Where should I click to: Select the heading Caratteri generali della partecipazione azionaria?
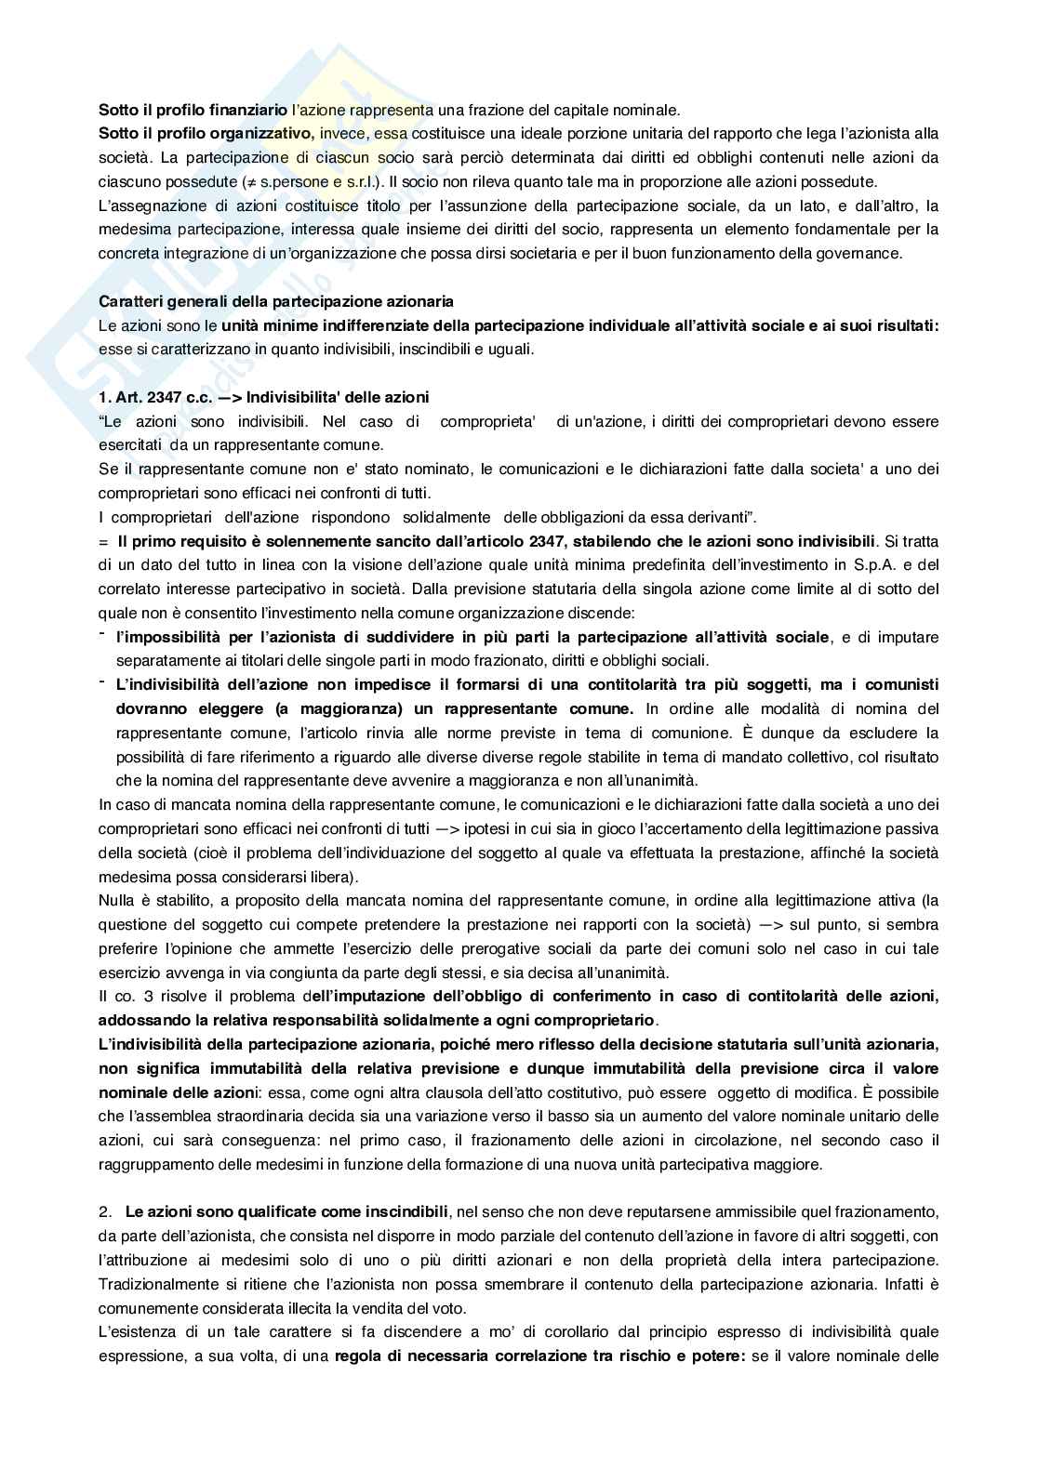pyautogui.click(x=276, y=301)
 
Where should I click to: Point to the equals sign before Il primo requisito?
pyautogui.click(x=102, y=541)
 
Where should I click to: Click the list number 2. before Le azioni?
pyautogui.click(x=105, y=1212)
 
